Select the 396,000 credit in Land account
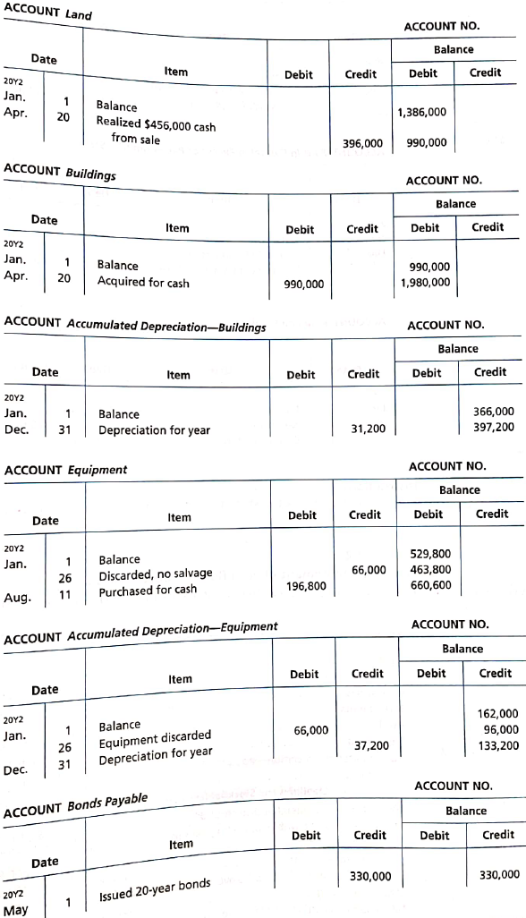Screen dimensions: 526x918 pyautogui.click(x=362, y=143)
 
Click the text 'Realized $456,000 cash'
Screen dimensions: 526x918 pyautogui.click(x=156, y=124)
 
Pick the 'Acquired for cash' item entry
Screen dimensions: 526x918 pyautogui.click(x=143, y=283)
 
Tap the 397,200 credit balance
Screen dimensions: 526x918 pyautogui.click(x=493, y=428)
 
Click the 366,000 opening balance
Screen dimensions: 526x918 pyautogui.click(x=493, y=412)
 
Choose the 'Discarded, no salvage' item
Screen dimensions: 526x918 pyautogui.click(x=155, y=574)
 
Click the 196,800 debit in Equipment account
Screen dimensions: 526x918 pyautogui.click(x=304, y=587)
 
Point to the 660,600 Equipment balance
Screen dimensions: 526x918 pyautogui.click(x=429, y=586)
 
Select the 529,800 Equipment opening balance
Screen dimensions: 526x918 pyautogui.click(x=429, y=554)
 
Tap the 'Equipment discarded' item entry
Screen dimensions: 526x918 pyautogui.click(x=155, y=740)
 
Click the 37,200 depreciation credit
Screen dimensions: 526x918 pyautogui.click(x=371, y=744)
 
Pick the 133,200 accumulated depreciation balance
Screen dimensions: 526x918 pyautogui.click(x=499, y=744)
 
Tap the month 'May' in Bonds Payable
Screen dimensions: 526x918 pyautogui.click(x=15, y=910)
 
